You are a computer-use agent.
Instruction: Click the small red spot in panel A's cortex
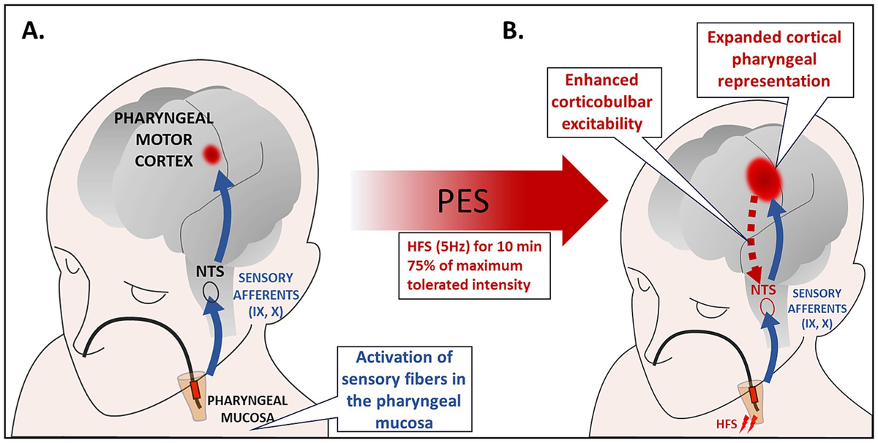tap(212, 154)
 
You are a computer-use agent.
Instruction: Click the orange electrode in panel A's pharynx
tap(196, 388)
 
